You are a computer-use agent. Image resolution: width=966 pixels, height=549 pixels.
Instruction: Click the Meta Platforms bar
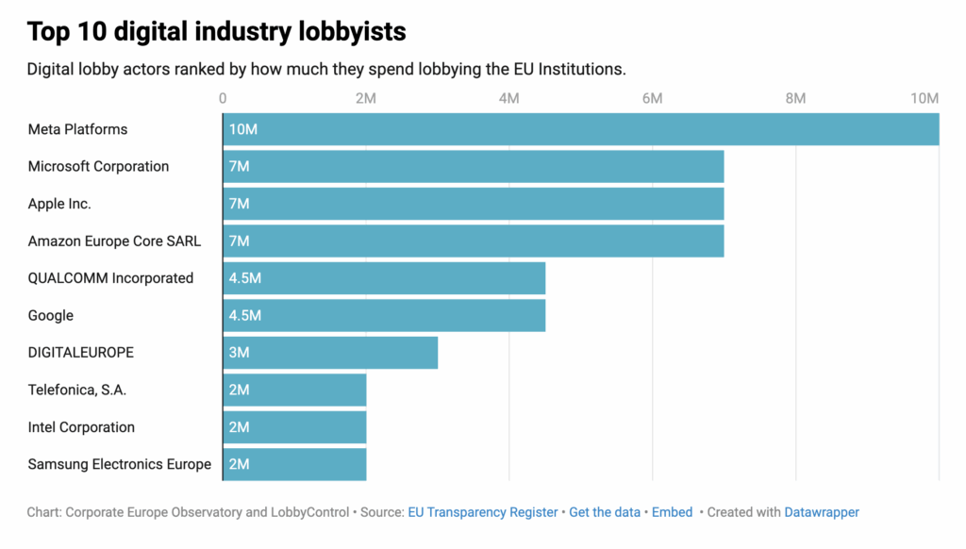pos(580,129)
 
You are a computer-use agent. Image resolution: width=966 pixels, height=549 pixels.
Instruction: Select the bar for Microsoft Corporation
pos(473,166)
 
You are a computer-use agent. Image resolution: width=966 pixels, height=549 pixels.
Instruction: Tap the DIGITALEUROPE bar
pos(330,353)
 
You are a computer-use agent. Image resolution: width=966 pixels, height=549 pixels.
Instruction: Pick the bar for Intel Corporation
pos(294,427)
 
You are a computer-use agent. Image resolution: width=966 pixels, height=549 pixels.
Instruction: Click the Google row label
pos(51,316)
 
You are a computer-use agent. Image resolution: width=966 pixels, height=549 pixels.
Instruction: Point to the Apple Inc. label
pos(59,204)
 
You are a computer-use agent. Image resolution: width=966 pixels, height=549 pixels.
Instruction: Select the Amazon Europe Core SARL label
pos(114,241)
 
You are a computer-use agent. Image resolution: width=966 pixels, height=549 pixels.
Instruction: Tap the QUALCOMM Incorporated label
pos(110,278)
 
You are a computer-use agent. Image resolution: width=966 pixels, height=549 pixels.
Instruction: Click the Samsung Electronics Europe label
pos(120,464)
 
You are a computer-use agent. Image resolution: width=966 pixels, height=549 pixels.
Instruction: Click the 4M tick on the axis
pos(509,98)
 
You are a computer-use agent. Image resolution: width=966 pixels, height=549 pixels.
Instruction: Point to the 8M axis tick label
pos(795,98)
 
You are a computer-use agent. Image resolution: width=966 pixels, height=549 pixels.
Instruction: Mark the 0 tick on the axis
pos(223,98)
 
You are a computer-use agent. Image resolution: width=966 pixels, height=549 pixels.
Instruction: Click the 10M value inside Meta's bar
pos(243,129)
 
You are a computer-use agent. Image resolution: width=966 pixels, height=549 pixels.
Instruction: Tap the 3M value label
pos(240,353)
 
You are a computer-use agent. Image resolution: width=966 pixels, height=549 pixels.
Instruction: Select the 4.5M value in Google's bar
pos(245,316)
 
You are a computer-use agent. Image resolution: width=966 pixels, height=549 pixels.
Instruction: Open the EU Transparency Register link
pos(482,512)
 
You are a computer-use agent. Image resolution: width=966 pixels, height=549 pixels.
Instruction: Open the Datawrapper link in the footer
pos(822,512)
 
